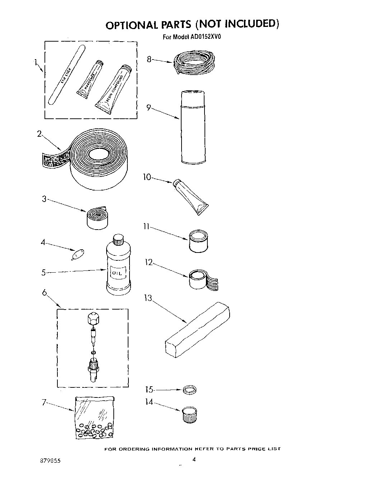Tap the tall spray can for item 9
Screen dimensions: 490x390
(x=193, y=127)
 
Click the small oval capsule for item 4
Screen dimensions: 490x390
(x=78, y=255)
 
